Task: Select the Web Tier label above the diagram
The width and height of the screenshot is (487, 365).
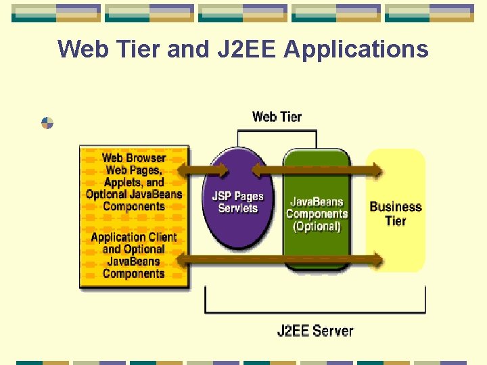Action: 277,117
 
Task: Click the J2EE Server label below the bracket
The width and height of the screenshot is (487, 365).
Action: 315,331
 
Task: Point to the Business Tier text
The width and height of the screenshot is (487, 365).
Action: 396,214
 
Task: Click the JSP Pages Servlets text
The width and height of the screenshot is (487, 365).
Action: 237,202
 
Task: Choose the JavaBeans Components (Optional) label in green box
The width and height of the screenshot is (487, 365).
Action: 317,214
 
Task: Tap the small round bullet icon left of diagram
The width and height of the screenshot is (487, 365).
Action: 47,123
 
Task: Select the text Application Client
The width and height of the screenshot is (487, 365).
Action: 133,237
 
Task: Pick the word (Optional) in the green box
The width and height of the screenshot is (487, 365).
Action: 317,226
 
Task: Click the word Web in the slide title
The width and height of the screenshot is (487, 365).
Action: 81,49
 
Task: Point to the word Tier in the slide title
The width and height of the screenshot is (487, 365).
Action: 135,49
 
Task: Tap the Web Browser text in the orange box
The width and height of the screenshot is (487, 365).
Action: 134,158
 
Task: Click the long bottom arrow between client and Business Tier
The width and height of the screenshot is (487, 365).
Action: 284,259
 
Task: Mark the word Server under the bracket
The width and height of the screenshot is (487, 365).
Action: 333,331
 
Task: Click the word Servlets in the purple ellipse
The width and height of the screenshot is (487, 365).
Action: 237,208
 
